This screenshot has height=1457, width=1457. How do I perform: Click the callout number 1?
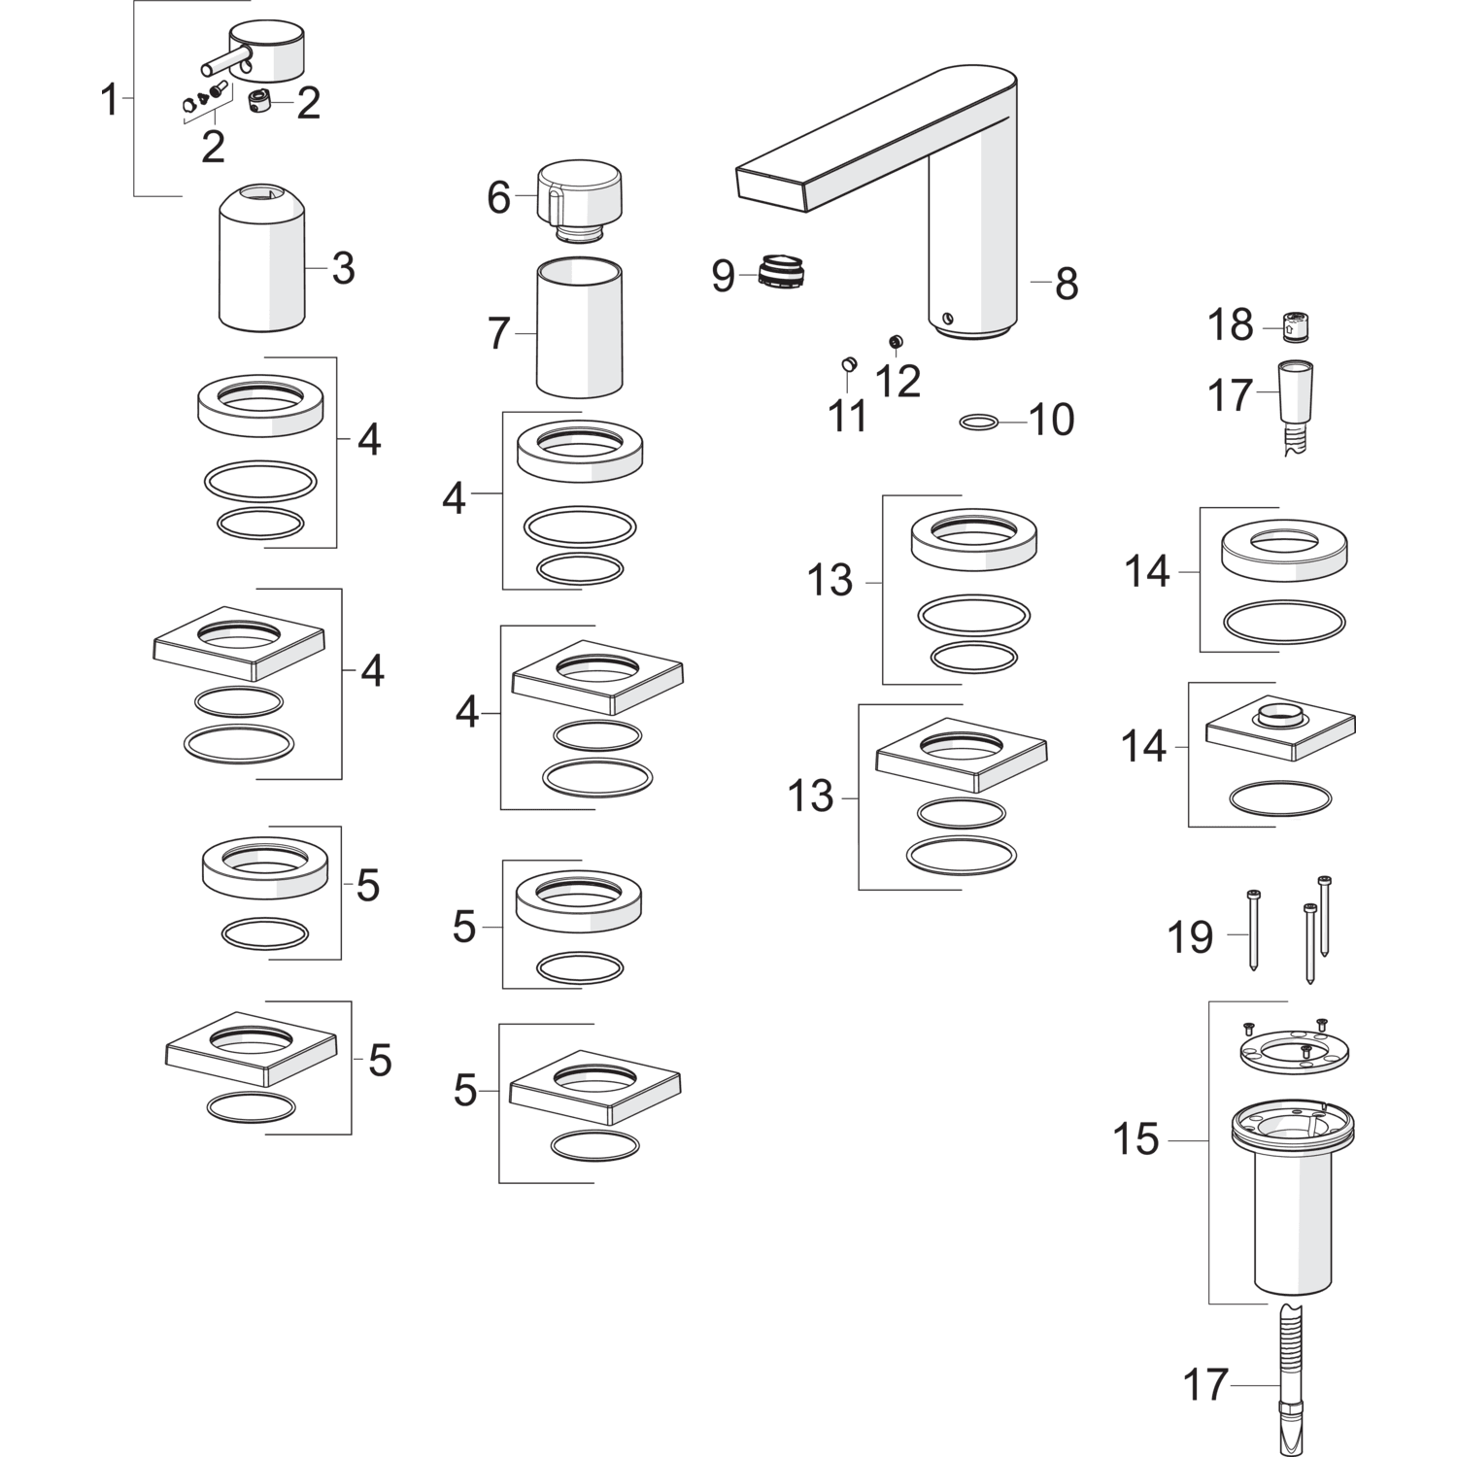pyautogui.click(x=110, y=100)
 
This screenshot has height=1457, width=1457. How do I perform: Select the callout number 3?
pyautogui.click(x=343, y=268)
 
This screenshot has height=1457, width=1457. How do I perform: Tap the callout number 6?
pyautogui.click(x=498, y=197)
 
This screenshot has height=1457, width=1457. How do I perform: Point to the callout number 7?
pyautogui.click(x=498, y=334)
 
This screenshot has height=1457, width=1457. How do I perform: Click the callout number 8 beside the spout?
pyautogui.click(x=1067, y=284)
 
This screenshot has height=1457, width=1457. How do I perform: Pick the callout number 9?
pyautogui.click(x=724, y=277)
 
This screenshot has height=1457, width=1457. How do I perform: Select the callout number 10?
pyautogui.click(x=1052, y=421)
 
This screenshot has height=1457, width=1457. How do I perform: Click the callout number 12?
pyautogui.click(x=898, y=382)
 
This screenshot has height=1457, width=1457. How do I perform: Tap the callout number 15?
pyautogui.click(x=1136, y=1139)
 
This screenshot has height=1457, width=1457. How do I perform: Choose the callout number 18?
pyautogui.click(x=1231, y=325)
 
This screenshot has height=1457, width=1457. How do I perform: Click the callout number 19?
pyautogui.click(x=1191, y=937)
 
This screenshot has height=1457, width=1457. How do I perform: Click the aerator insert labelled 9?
pyautogui.click(x=782, y=273)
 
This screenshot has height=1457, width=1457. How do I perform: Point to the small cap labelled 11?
pyautogui.click(x=847, y=365)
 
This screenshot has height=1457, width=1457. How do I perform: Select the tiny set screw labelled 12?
pyautogui.click(x=896, y=341)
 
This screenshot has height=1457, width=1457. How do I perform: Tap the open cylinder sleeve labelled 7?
pyautogui.click(x=579, y=327)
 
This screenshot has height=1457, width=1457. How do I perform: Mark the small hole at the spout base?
pyautogui.click(x=948, y=318)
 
